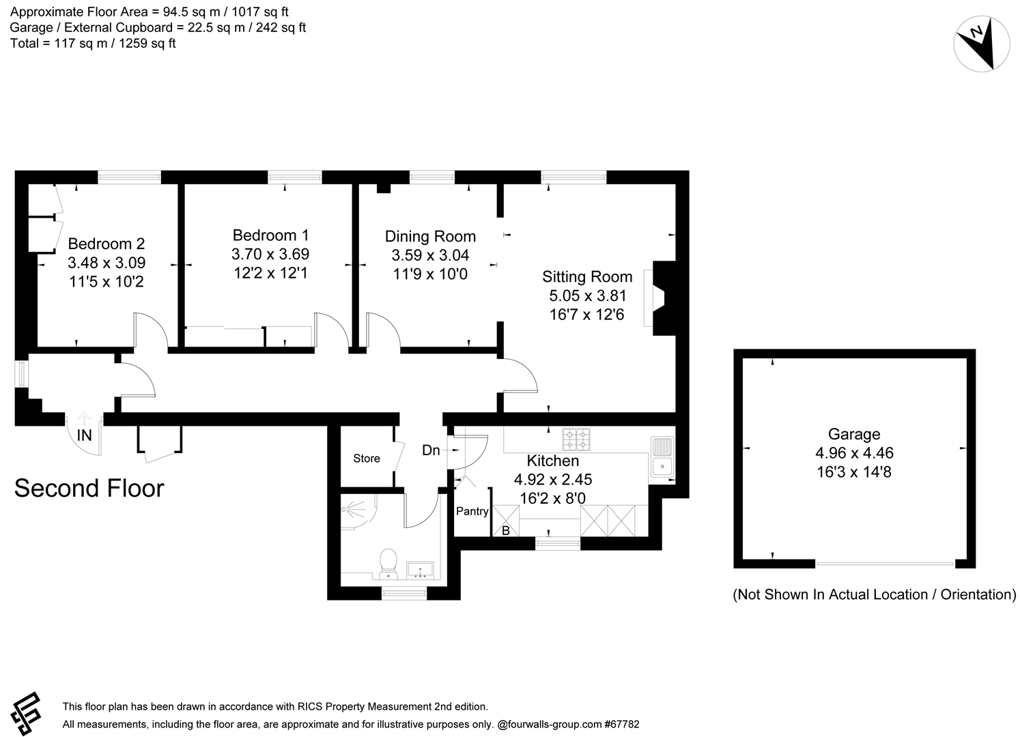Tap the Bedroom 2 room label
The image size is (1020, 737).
tap(106, 244)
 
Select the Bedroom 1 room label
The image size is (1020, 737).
tap(270, 235)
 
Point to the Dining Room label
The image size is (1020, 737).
tap(430, 237)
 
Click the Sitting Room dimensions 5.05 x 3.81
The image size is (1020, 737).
tap(587, 295)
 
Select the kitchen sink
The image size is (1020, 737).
tap(662, 457)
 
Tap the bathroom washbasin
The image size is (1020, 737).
tap(419, 568)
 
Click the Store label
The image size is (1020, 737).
tap(367, 459)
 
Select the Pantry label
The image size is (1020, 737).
tap(472, 511)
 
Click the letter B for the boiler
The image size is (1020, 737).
tap(506, 530)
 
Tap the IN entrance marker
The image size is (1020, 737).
tap(84, 435)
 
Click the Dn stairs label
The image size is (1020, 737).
tap(431, 450)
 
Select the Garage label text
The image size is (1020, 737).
tap(853, 434)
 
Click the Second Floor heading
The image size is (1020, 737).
tap(89, 489)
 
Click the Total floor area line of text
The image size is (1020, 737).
tap(93, 43)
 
